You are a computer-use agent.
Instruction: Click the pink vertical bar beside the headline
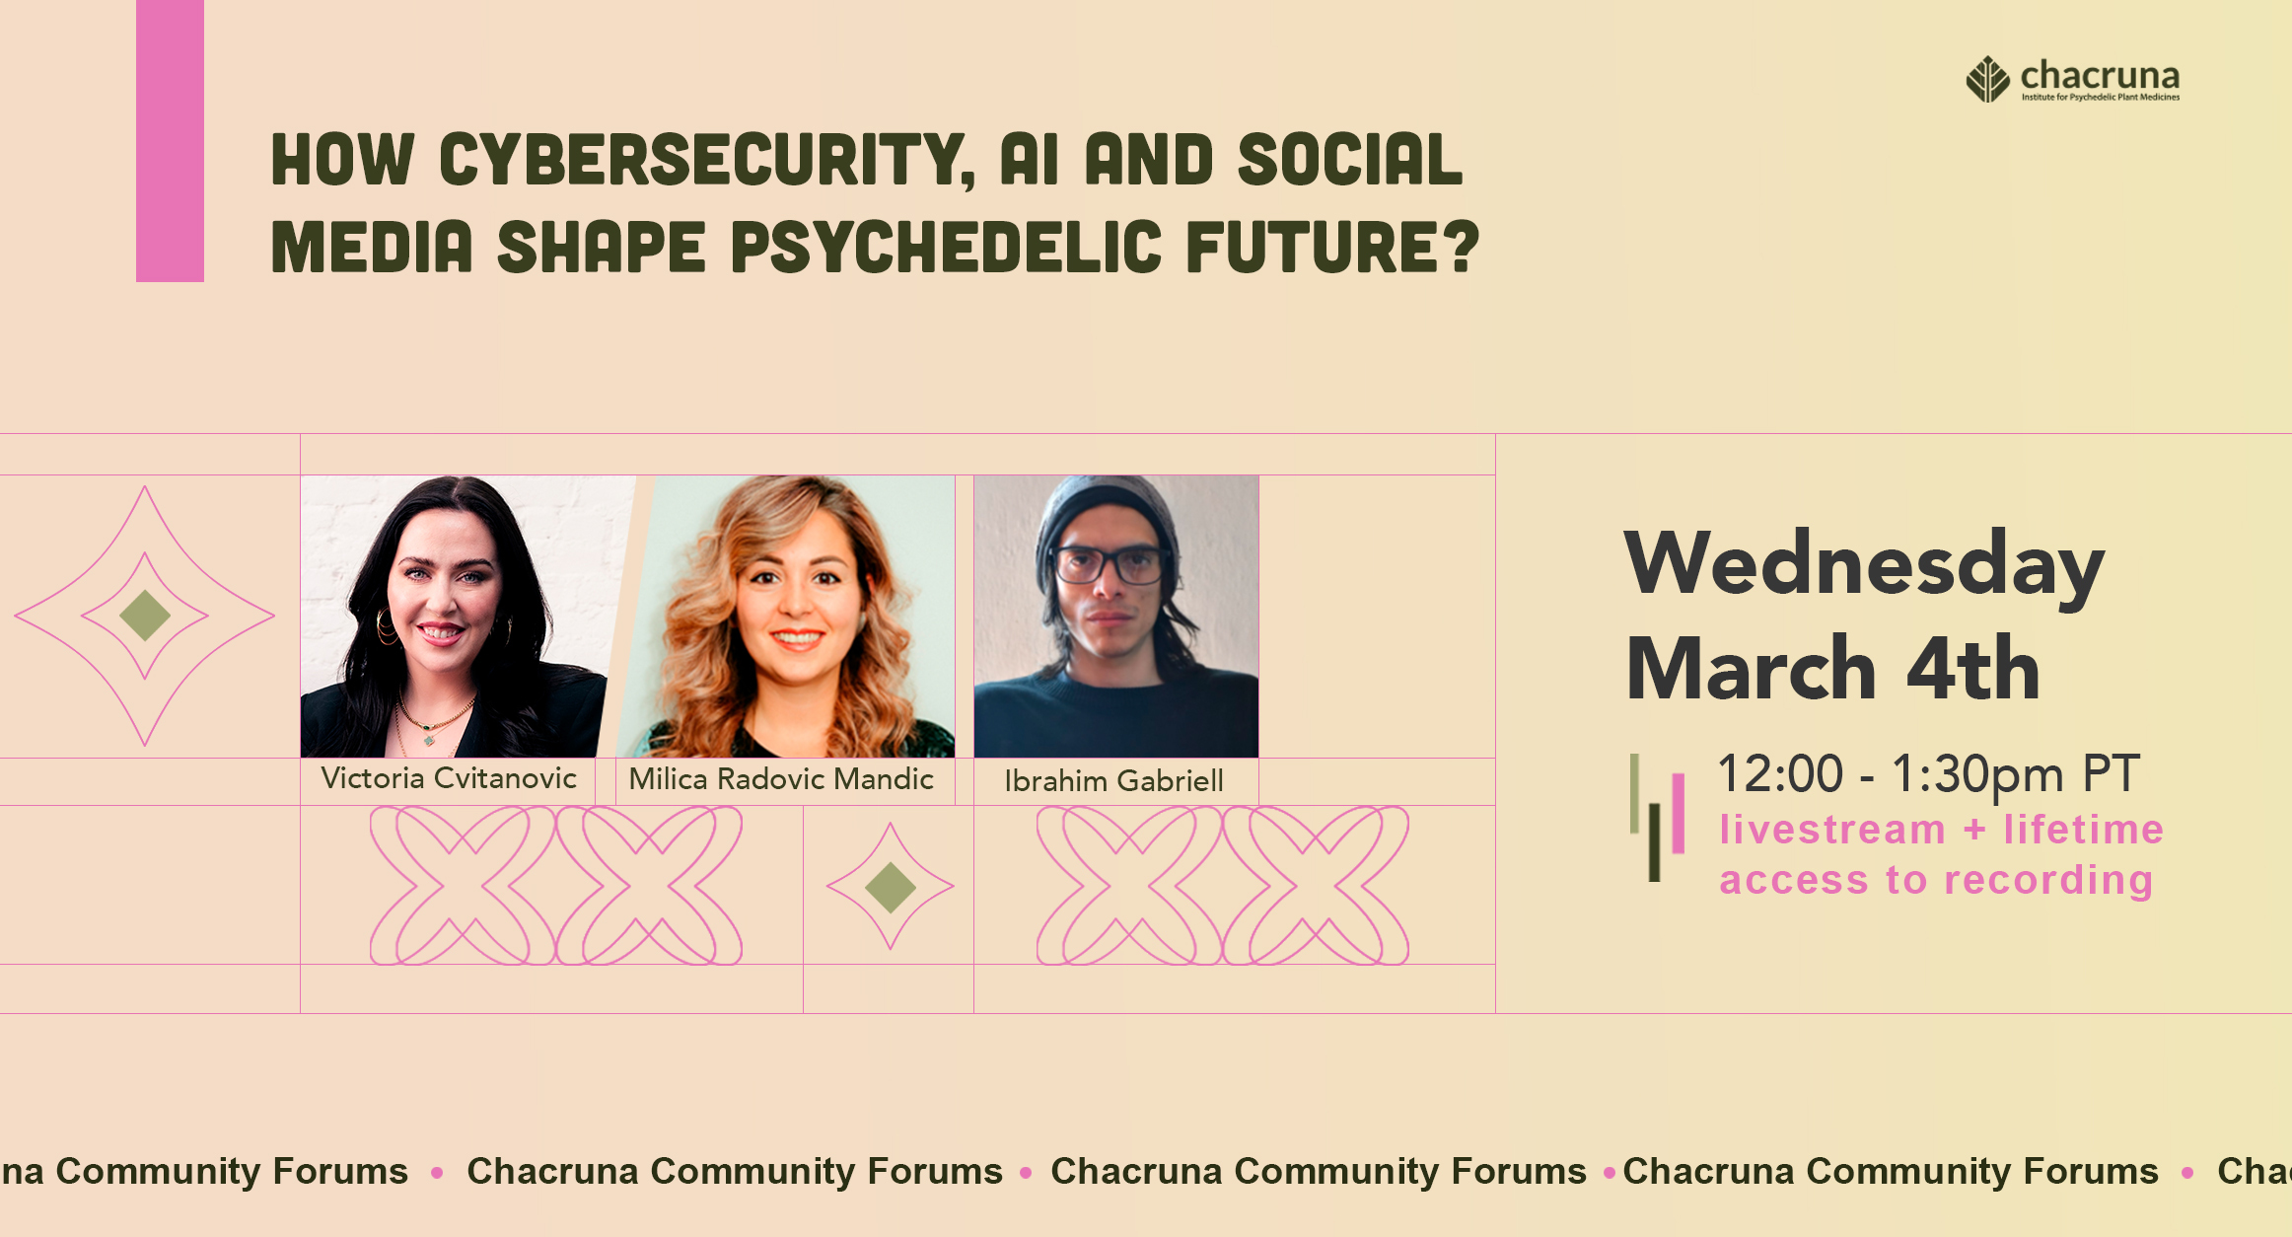pyautogui.click(x=170, y=141)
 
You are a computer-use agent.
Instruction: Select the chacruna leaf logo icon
pyautogui.click(x=1987, y=79)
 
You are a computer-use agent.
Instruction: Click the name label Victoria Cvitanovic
pyautogui.click(x=449, y=778)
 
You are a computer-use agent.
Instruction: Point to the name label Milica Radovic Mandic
pyautogui.click(x=781, y=779)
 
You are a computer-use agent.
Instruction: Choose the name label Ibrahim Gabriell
pyautogui.click(x=1113, y=781)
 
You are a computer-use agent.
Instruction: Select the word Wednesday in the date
pyautogui.click(x=1864, y=565)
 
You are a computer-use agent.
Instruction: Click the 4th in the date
pyautogui.click(x=1972, y=669)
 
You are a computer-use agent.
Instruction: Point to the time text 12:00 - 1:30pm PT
pyautogui.click(x=1928, y=773)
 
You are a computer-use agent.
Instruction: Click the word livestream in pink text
pyautogui.click(x=1831, y=830)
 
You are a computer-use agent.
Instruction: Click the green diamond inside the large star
pyautogui.click(x=145, y=616)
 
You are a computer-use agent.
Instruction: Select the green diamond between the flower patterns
pyautogui.click(x=890, y=887)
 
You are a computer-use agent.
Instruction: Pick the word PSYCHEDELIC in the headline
pyautogui.click(x=947, y=247)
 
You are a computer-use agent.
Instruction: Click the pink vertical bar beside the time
pyautogui.click(x=1678, y=813)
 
